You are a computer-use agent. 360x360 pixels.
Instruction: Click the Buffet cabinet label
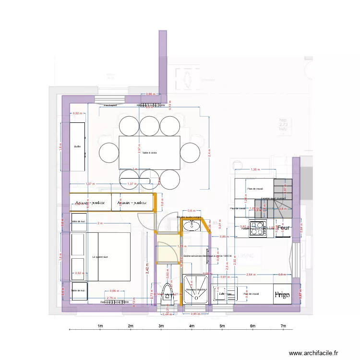tap(77, 146)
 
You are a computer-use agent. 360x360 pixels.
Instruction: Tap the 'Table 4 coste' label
tap(149, 153)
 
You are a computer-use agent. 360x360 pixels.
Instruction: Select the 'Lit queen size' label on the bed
tap(100, 257)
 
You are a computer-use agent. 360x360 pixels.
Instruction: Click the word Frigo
tap(282, 295)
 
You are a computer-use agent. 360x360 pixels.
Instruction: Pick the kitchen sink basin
tap(222, 295)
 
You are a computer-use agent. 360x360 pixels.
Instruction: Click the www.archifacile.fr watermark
tap(317, 352)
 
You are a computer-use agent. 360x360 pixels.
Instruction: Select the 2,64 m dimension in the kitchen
tap(251, 275)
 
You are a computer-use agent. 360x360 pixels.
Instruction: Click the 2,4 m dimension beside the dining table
tap(209, 153)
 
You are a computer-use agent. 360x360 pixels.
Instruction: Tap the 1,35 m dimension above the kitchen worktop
tap(255, 169)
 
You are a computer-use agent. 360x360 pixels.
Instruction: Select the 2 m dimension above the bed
tap(100, 224)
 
